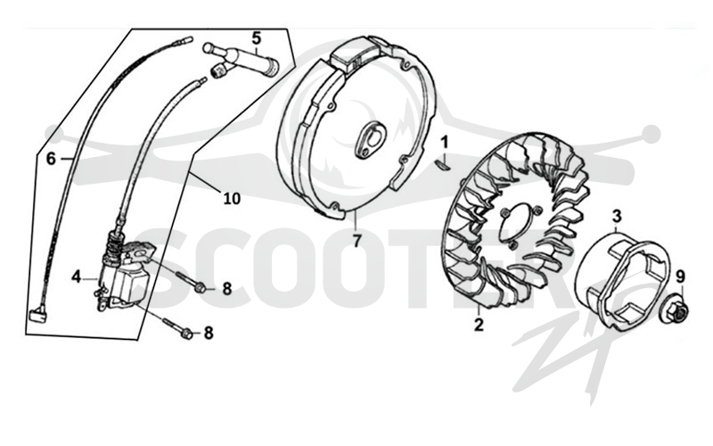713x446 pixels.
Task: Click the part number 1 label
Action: pos(445,142)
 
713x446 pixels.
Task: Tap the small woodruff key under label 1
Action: pos(443,163)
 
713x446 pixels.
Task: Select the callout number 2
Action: pos(479,325)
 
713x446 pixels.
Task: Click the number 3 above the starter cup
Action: pos(616,216)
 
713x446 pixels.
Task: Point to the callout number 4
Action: pos(76,277)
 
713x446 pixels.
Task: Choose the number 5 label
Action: pos(257,38)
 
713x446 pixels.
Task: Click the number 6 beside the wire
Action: pos(51,159)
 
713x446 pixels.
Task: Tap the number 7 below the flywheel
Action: pos(356,241)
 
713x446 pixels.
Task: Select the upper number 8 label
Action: pos(226,288)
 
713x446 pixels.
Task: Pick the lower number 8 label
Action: pos(209,333)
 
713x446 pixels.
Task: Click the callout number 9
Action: pos(680,277)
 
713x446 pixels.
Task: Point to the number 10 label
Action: pos(232,198)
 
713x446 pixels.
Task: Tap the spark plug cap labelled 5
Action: pos(241,59)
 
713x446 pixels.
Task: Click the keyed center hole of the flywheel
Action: pos(370,141)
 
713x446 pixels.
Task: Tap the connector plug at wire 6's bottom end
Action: pos(37,315)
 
